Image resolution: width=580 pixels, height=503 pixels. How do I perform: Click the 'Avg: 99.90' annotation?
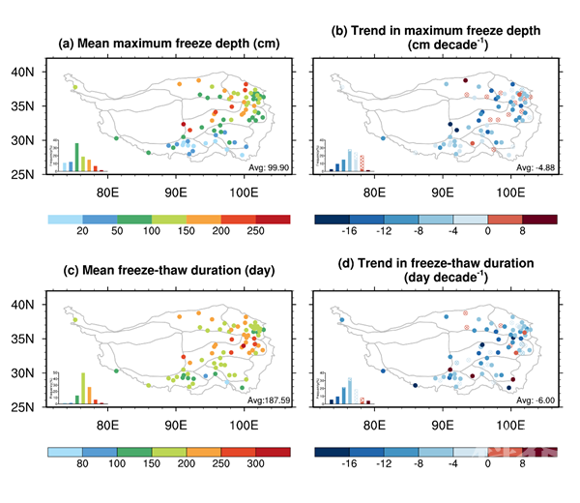268,167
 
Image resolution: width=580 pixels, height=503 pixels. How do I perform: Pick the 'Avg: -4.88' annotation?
534,167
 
